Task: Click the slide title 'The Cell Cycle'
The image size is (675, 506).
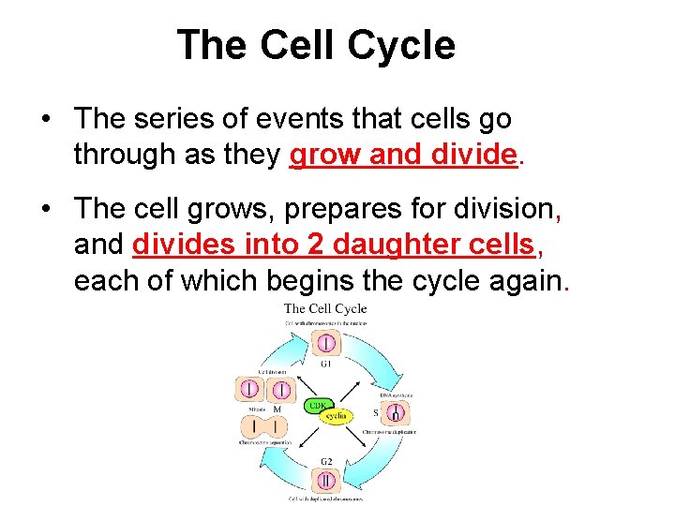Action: pos(316,45)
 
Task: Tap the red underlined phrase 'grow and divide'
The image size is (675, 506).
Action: pos(403,155)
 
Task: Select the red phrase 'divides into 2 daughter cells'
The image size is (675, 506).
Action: pos(333,245)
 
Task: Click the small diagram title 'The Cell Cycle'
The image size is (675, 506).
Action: pos(325,308)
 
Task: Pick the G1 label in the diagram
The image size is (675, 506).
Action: pos(325,364)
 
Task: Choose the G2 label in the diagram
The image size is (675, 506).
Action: pos(325,461)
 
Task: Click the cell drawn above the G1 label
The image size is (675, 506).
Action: pos(326,343)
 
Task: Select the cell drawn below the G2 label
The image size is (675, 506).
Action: pos(325,481)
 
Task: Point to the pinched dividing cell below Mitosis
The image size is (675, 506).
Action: pos(265,427)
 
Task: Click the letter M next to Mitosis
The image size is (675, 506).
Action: pos(277,409)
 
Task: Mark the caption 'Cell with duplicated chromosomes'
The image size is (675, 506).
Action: pos(325,499)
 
